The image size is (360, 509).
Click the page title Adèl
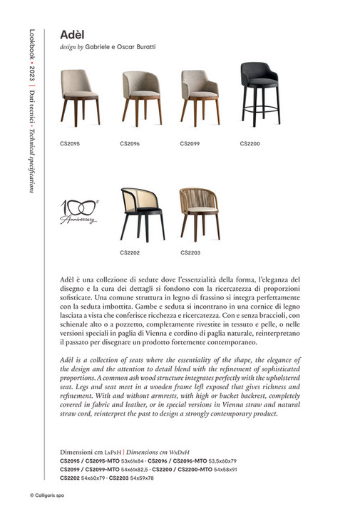(73, 34)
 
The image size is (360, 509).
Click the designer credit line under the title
(108, 46)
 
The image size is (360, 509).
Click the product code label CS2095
(70, 143)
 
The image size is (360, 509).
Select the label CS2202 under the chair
(130, 252)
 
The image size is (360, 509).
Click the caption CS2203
(190, 252)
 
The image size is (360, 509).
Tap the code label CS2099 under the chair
(190, 143)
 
